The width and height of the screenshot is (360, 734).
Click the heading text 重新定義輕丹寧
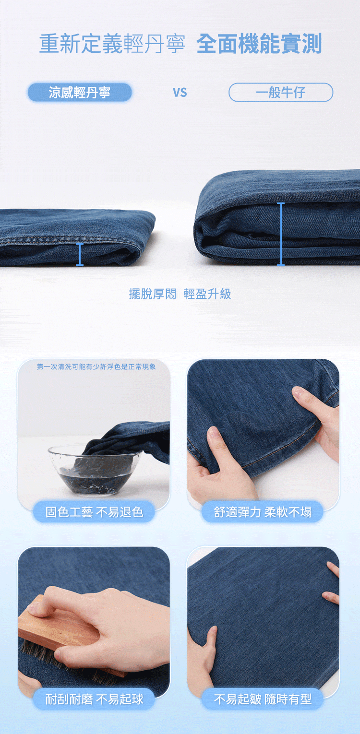[112, 44]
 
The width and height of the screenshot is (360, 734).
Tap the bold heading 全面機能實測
[259, 44]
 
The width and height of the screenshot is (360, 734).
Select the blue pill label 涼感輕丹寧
[80, 93]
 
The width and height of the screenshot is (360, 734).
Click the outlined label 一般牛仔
[281, 93]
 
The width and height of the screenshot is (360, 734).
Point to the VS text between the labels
[180, 93]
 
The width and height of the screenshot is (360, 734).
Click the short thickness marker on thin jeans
[80, 254]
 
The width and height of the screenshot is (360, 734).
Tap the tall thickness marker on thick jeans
[281, 234]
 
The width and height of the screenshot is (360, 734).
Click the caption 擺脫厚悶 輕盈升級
[180, 294]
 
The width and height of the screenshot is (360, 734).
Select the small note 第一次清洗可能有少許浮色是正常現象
[96, 367]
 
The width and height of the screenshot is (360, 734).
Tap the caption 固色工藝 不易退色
[94, 512]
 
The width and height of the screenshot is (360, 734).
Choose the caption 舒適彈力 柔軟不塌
[263, 512]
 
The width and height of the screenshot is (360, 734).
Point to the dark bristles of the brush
[66, 659]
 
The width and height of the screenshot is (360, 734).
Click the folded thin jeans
[77, 237]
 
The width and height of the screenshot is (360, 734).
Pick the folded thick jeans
[277, 218]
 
